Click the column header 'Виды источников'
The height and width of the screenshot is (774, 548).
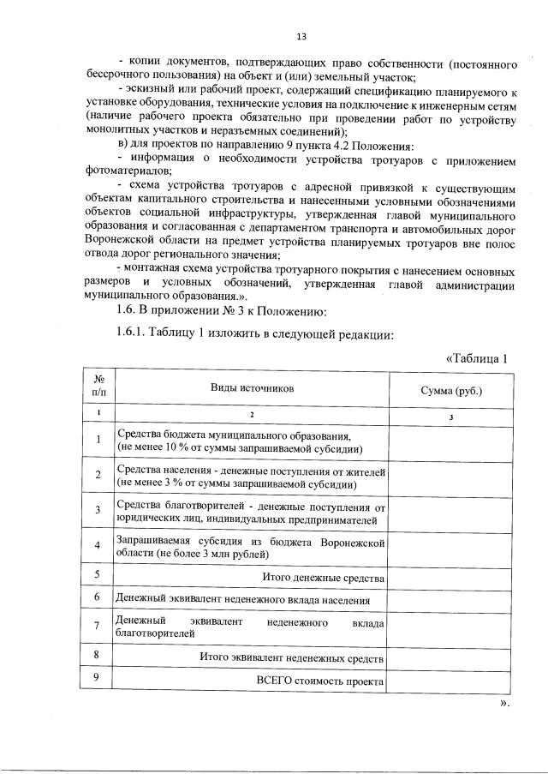click(252, 388)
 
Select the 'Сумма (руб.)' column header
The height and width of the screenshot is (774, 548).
click(451, 390)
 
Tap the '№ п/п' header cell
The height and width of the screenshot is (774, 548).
click(98, 388)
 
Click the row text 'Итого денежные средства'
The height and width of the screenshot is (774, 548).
click(323, 578)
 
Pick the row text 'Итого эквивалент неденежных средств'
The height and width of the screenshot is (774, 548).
click(292, 657)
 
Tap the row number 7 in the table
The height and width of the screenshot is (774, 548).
click(98, 626)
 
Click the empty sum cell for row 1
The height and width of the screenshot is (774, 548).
click(451, 441)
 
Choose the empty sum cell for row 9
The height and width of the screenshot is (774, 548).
click(451, 681)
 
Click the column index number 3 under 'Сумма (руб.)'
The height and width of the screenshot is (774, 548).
click(451, 417)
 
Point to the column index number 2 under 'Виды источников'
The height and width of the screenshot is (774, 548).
click(252, 416)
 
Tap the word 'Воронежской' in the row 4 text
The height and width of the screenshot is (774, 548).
click(351, 543)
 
